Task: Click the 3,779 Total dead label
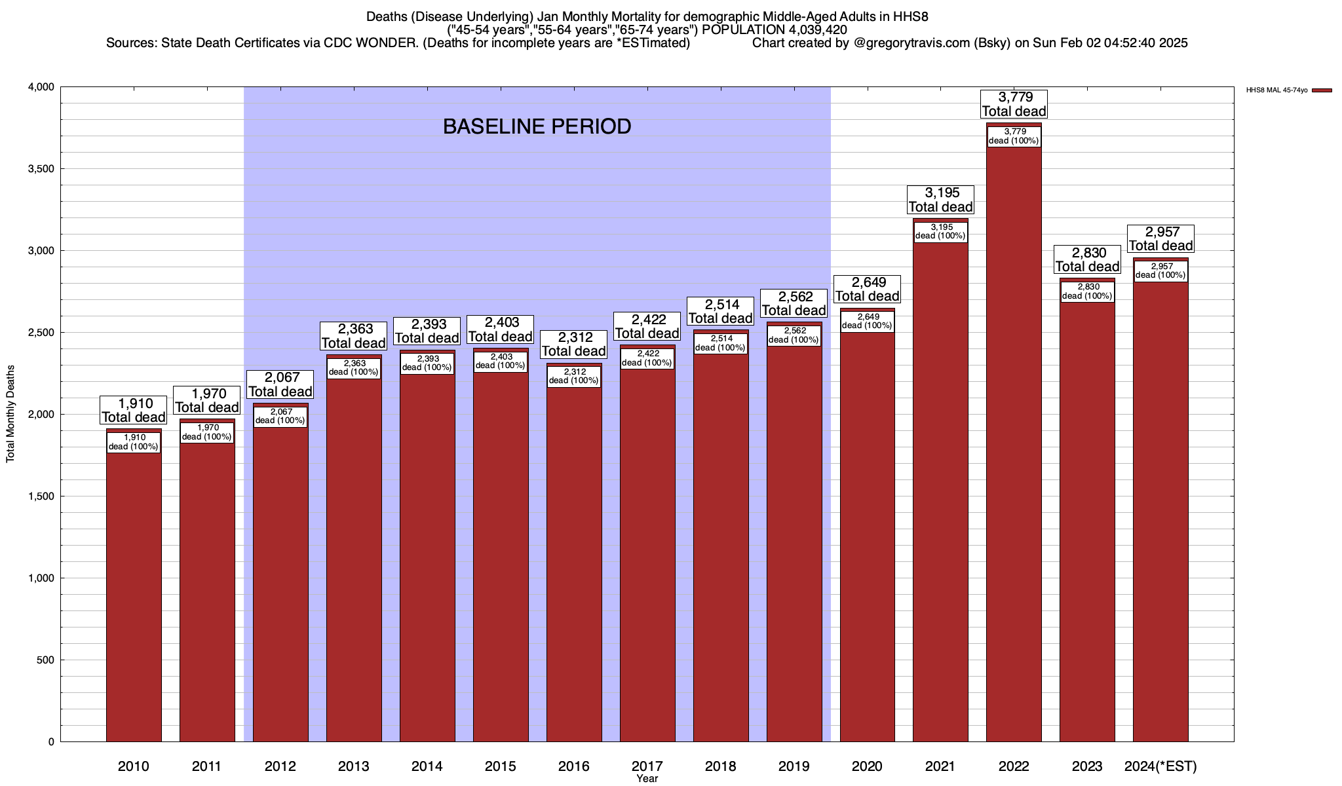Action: pos(1014,104)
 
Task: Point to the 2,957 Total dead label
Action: pos(1160,239)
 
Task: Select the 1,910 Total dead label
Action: pos(134,411)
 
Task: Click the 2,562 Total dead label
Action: pos(794,304)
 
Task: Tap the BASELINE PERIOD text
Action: pos(537,126)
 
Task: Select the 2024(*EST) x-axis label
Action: pos(1160,766)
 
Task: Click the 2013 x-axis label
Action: pos(354,766)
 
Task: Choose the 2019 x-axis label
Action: pos(794,766)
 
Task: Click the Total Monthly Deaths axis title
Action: pos(10,414)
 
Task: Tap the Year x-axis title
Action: pos(647,779)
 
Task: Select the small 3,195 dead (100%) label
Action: pos(940,232)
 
